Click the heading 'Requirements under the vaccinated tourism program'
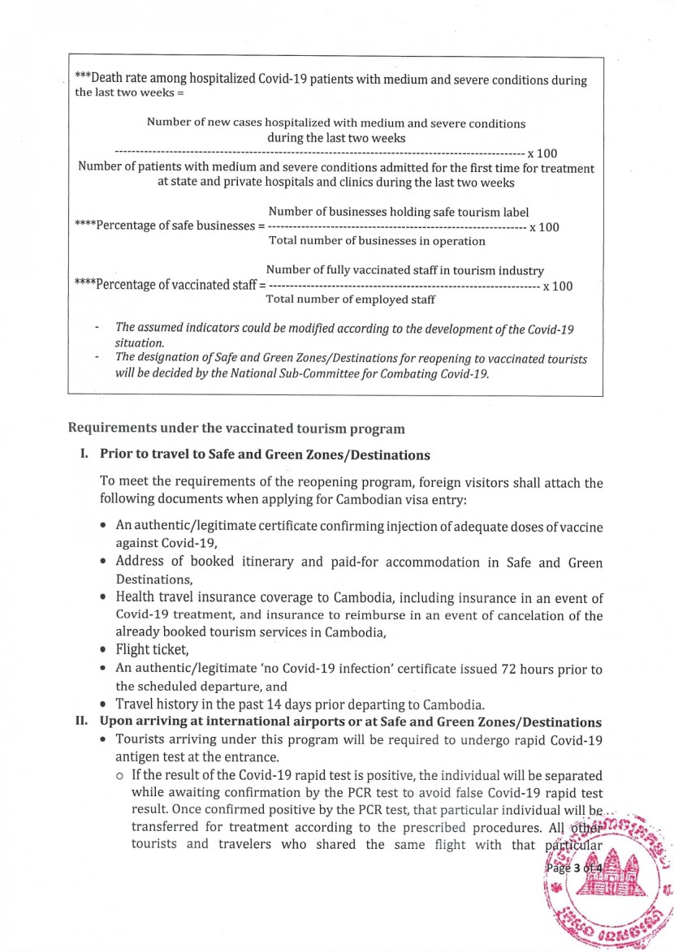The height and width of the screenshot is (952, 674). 235,428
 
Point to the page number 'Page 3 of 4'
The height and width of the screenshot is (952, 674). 576,868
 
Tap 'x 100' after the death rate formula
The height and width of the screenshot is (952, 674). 542,153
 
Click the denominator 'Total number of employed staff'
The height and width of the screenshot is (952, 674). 351,299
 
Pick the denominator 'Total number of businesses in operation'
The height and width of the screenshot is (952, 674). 377,240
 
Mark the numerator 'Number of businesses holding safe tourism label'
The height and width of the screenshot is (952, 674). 398,212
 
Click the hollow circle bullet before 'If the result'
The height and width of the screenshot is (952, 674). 120,777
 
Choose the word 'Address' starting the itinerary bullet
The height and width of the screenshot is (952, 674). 143,562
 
